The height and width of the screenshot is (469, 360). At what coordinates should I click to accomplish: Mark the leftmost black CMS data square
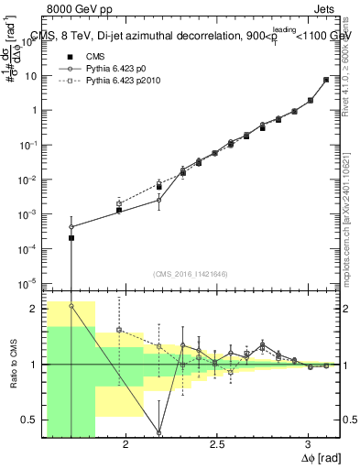(71, 238)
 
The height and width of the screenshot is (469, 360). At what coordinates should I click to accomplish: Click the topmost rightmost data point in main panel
(326, 80)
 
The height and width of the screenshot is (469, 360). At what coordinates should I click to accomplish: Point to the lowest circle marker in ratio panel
(159, 432)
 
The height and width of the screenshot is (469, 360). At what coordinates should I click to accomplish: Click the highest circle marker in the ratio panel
(71, 306)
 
